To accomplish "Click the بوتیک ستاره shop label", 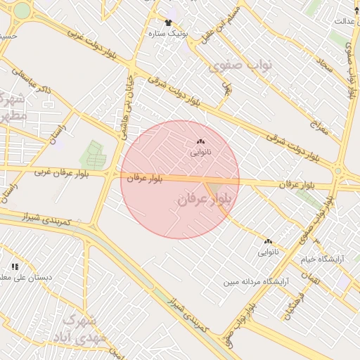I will tap(169, 33).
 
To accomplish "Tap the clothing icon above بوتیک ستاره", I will tap(167, 22).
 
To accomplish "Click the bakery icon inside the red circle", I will tap(201, 141).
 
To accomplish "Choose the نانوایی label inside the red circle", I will tap(201, 152).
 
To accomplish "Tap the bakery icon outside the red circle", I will tap(268, 241).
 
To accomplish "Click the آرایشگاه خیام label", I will tap(324, 259).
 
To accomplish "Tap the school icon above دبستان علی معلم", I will tap(14, 266).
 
